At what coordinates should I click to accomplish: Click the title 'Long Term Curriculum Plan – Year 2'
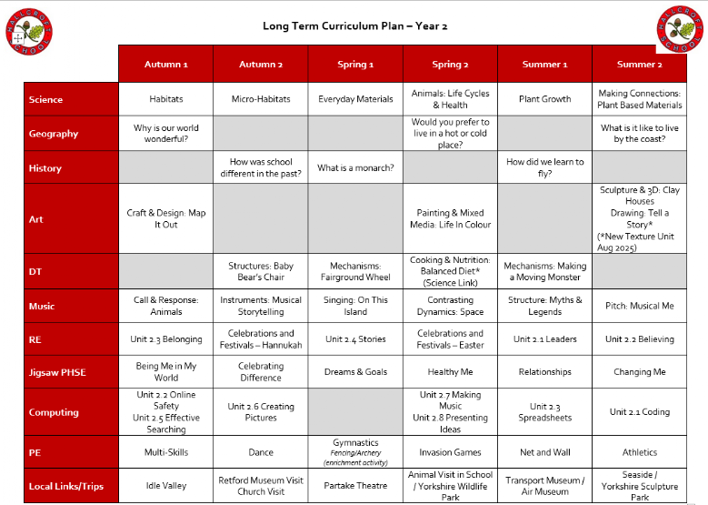tap(354, 25)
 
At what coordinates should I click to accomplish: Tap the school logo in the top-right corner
tap(680, 29)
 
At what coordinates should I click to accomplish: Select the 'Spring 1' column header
tap(355, 65)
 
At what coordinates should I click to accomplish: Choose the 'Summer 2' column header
tap(639, 65)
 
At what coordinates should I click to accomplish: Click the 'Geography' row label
tap(54, 134)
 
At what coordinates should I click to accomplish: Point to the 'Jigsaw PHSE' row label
tap(58, 372)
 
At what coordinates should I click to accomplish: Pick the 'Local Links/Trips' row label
tap(66, 486)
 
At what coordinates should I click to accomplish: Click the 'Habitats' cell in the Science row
tap(165, 99)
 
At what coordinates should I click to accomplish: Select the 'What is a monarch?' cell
tap(355, 168)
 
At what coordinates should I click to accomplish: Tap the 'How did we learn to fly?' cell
tap(544, 168)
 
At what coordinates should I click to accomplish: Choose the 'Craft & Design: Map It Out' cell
tap(165, 218)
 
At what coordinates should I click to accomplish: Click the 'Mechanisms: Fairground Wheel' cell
tap(355, 271)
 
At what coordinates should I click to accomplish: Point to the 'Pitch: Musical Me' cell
tap(639, 306)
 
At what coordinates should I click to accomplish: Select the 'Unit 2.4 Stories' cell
tap(355, 339)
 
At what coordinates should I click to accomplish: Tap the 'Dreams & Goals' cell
tap(355, 372)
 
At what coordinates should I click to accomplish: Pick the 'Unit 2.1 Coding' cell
tap(639, 412)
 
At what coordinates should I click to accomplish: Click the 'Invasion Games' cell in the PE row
tap(450, 452)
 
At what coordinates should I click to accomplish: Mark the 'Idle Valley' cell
tap(165, 486)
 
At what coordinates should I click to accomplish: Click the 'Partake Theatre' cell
tap(355, 486)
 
